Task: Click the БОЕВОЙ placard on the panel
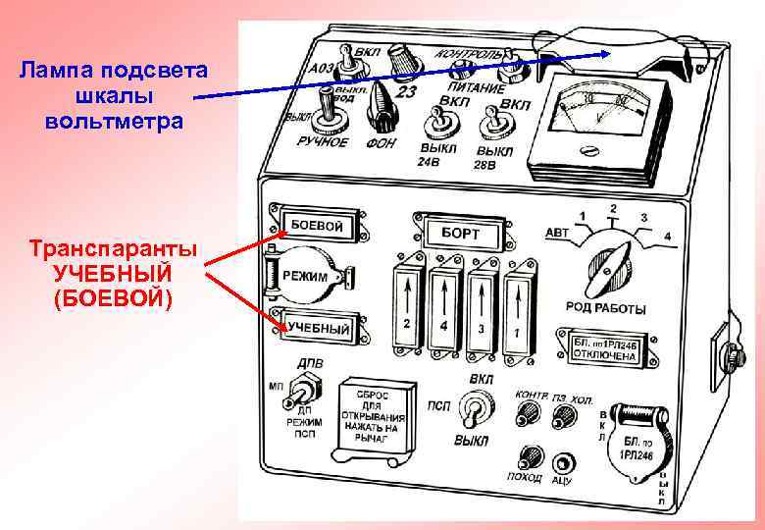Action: (x=316, y=226)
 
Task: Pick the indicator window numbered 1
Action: (x=516, y=312)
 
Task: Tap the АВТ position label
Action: (x=556, y=233)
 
